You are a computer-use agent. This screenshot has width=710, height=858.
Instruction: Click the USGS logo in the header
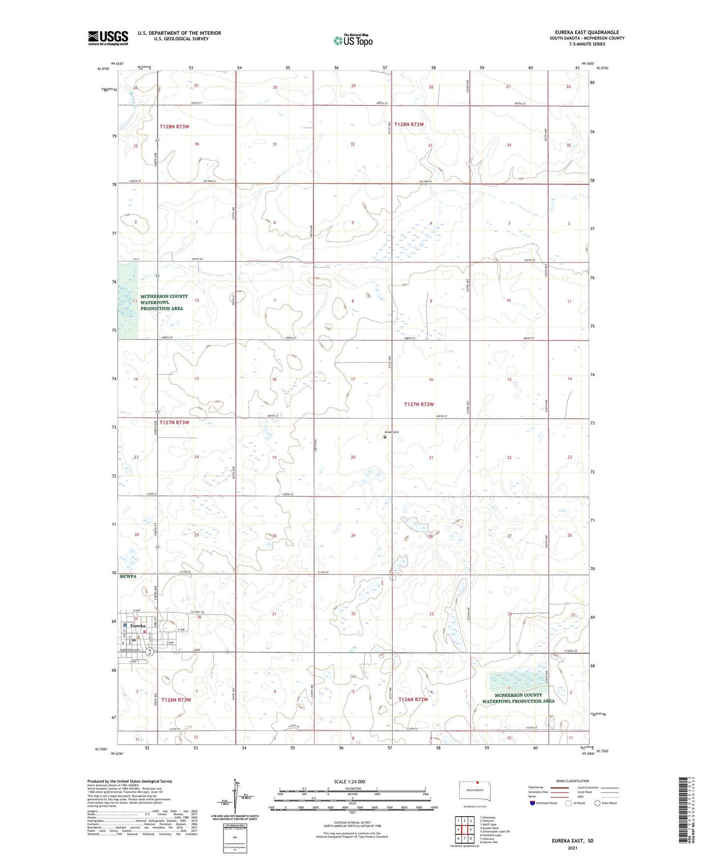pyautogui.click(x=108, y=38)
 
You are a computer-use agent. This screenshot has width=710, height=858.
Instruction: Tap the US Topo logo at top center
pyautogui.click(x=352, y=40)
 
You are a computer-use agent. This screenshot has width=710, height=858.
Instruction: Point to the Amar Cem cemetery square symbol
pyautogui.click(x=385, y=436)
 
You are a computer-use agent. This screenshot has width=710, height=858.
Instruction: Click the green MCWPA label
pyautogui.click(x=127, y=576)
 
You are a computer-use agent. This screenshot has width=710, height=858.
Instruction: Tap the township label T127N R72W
pyautogui.click(x=419, y=404)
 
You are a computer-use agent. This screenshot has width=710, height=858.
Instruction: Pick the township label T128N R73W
pyautogui.click(x=174, y=127)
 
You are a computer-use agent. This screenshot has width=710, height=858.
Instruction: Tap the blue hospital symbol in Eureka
pyautogui.click(x=125, y=625)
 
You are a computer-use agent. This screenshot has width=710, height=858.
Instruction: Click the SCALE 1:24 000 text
pyautogui.click(x=349, y=781)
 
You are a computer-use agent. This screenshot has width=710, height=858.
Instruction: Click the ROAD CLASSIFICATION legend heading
pyautogui.click(x=572, y=781)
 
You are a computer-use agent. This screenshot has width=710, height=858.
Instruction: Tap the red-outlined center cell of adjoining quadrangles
pyautogui.click(x=464, y=829)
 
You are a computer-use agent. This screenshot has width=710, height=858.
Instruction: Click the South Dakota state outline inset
pyautogui.click(x=474, y=790)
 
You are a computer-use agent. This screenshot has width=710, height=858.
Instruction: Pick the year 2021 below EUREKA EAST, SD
pyautogui.click(x=572, y=848)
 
